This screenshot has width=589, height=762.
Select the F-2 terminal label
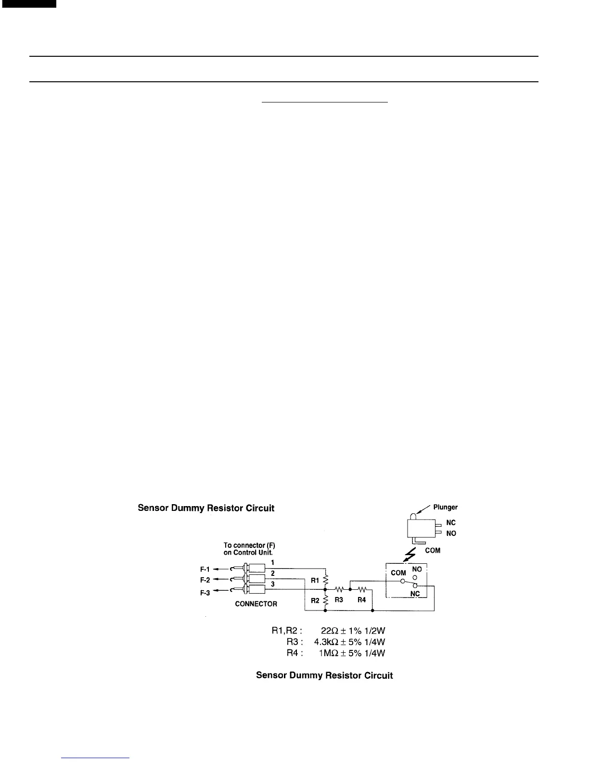point(205,580)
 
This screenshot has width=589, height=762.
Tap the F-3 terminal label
point(205,593)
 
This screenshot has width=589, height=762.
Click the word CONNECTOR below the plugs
point(256,604)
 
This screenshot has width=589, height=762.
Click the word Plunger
point(445,507)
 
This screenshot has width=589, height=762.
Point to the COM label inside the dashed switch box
point(398,573)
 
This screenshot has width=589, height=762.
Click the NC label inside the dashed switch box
point(415,594)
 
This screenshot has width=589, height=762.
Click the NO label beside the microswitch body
point(451,533)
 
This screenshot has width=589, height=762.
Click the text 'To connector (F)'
point(249,546)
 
